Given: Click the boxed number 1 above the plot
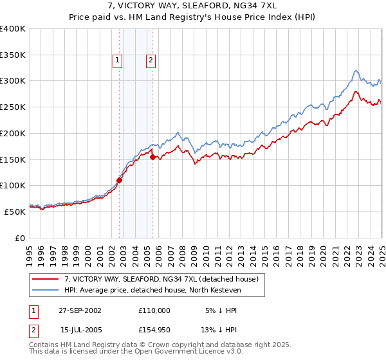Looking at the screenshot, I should (118, 61).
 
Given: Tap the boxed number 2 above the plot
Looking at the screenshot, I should (151, 61).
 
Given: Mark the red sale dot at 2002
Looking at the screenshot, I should (120, 181).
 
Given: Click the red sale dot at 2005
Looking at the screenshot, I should (152, 157).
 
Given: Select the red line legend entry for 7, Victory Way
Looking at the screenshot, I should (161, 279).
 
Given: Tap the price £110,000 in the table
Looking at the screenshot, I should (154, 310).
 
